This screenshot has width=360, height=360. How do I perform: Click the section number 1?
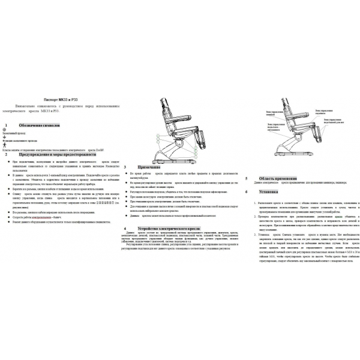[5, 127]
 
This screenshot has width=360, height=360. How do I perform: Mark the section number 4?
[124, 229]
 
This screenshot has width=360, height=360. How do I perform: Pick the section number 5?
[247, 178]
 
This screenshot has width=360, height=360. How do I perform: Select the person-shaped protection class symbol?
[4, 146]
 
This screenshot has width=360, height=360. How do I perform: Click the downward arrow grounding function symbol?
[4, 140]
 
